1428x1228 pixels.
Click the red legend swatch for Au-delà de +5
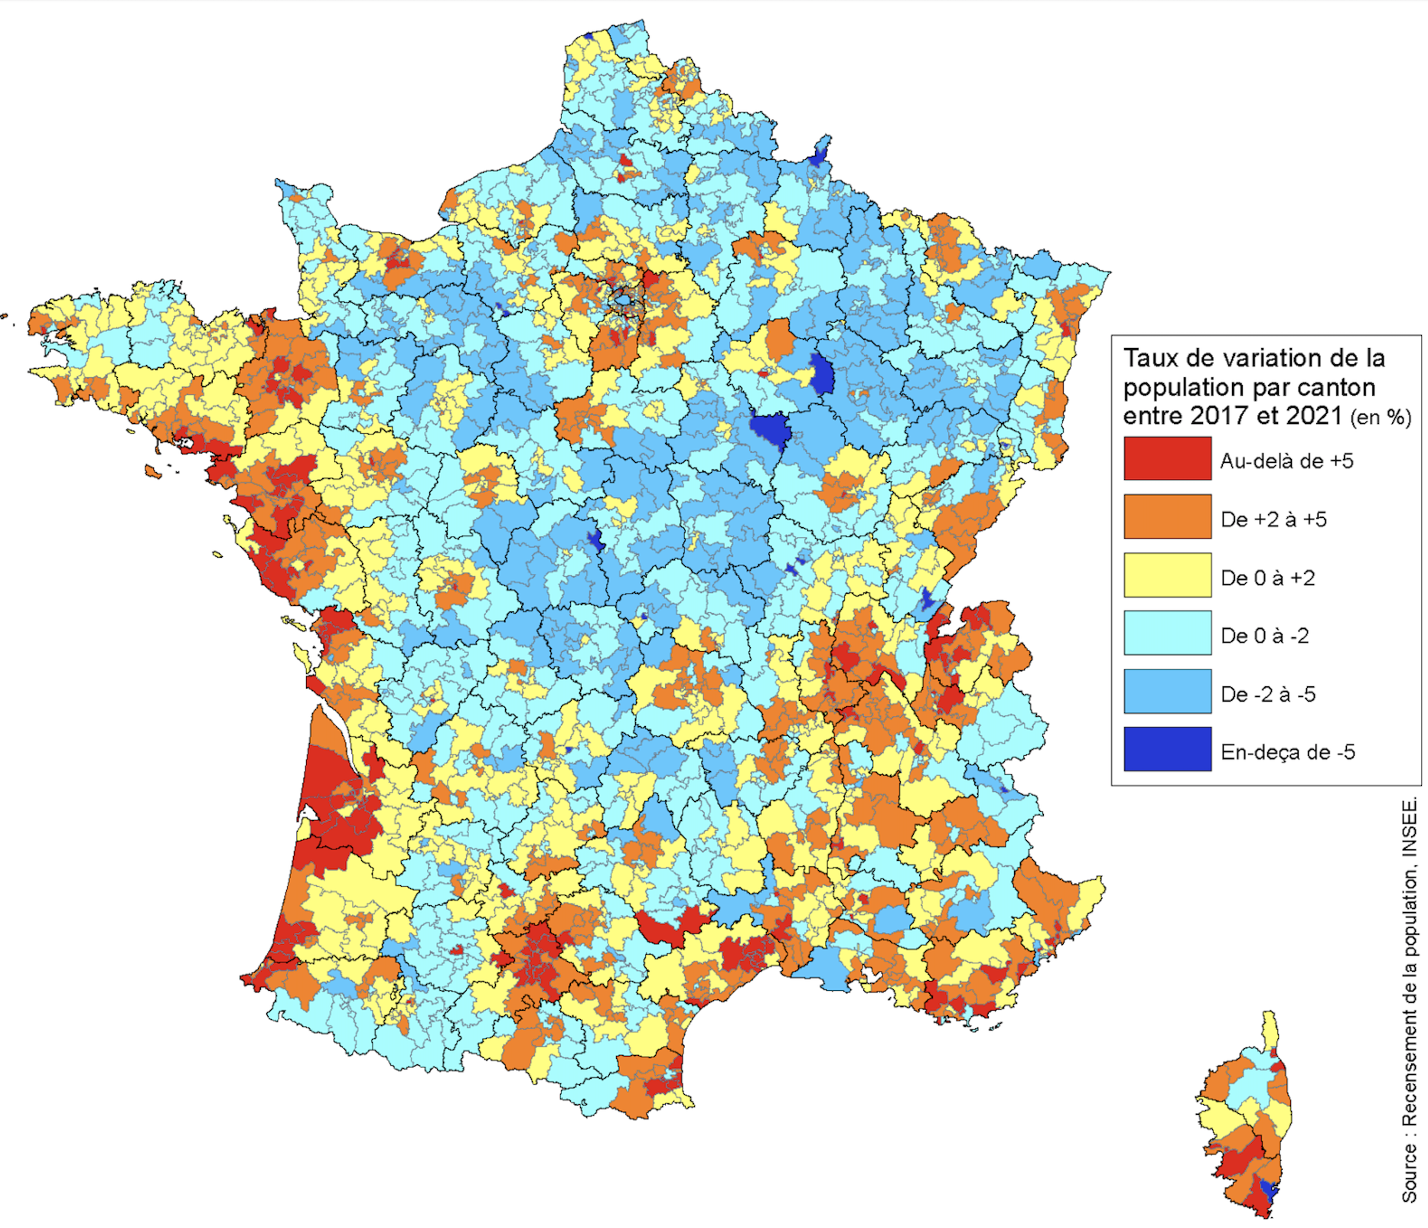1167,458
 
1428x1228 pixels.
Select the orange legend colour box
1167,516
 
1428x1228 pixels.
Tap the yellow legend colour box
1167,575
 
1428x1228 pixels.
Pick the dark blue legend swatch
1167,749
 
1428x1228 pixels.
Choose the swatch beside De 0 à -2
1167,633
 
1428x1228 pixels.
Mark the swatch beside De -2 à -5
1167,691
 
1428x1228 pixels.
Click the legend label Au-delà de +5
1286,461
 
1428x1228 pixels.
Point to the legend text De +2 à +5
1273,520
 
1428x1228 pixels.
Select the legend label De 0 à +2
1267,578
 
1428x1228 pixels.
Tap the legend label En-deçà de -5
1287,752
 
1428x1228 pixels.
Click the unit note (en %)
1380,417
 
